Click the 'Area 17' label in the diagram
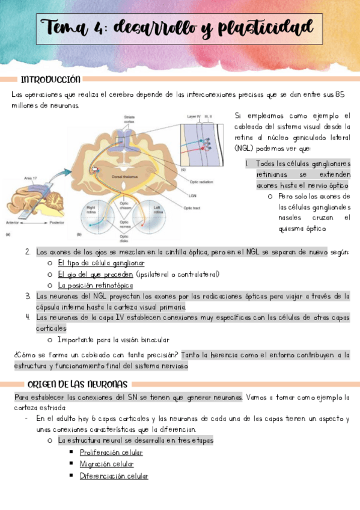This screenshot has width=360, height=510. [31, 179]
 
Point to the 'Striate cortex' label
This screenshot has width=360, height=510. [129, 118]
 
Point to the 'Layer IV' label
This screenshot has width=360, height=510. [194, 113]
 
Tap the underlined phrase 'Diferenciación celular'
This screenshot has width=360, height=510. [114, 476]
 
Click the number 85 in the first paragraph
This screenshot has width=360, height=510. [340, 94]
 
